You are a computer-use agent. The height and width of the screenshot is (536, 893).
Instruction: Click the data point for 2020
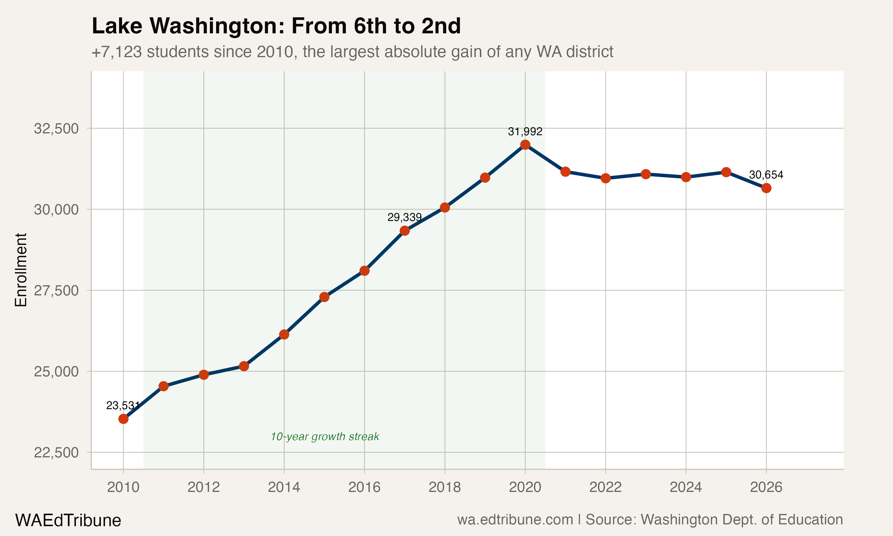tap(525, 145)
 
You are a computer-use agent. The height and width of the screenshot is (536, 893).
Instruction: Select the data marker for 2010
tap(124, 419)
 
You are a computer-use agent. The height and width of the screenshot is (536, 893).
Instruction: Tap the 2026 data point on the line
tap(766, 188)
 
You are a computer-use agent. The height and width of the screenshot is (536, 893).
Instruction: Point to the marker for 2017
tap(405, 230)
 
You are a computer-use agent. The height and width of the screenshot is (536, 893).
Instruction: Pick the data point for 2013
tap(244, 366)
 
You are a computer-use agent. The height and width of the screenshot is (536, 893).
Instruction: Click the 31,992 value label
tap(525, 132)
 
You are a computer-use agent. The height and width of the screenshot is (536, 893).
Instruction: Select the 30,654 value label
tap(766, 175)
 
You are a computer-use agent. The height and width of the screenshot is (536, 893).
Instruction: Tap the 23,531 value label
tap(123, 406)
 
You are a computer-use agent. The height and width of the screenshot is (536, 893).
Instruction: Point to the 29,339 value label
tap(404, 217)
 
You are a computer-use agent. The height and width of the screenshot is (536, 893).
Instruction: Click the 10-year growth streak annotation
tap(325, 437)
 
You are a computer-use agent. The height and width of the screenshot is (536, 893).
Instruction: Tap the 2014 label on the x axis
tap(284, 487)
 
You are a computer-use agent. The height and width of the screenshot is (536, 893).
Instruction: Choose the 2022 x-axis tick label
tap(605, 487)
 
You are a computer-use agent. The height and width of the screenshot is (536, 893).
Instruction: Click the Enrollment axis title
tap(21, 270)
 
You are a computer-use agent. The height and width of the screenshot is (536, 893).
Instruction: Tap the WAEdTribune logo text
tap(68, 521)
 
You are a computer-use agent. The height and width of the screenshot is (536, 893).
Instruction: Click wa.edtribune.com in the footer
tap(515, 520)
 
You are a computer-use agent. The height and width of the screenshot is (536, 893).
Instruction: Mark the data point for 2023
tap(646, 174)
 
